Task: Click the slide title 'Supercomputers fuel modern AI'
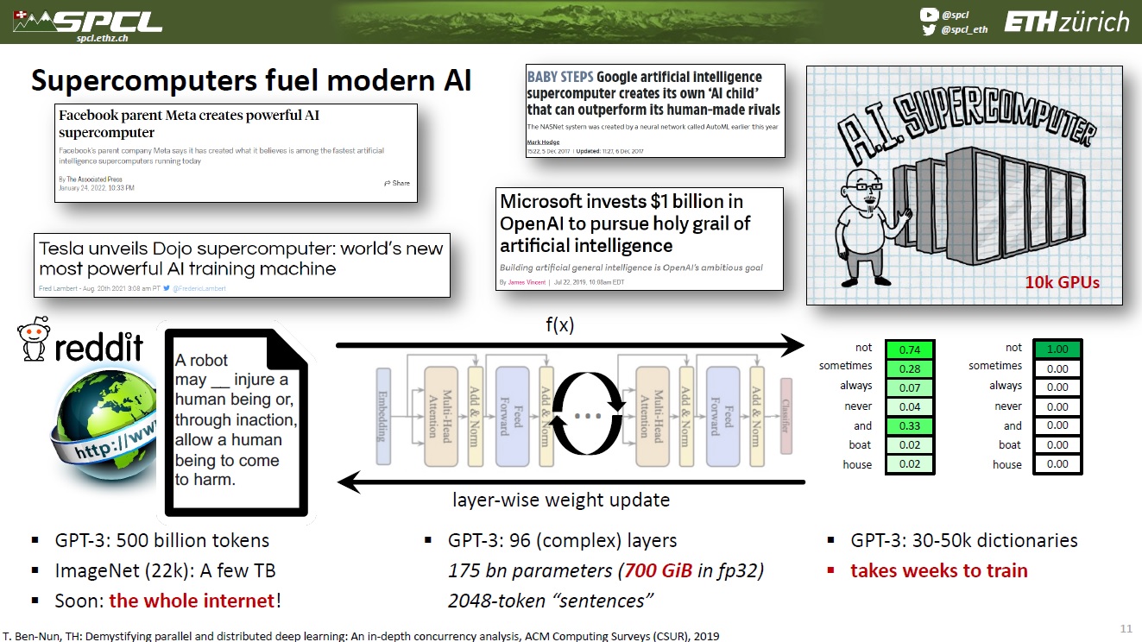[251, 79]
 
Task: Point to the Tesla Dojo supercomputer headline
[241, 258]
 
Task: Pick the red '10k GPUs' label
[1061, 282]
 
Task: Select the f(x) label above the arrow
[559, 325]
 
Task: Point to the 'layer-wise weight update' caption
[561, 500]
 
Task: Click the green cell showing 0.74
[908, 349]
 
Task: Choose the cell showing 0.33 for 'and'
[908, 425]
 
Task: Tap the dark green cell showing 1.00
[1057, 349]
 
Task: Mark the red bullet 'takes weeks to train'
[938, 570]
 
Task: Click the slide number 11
[1126, 627]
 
